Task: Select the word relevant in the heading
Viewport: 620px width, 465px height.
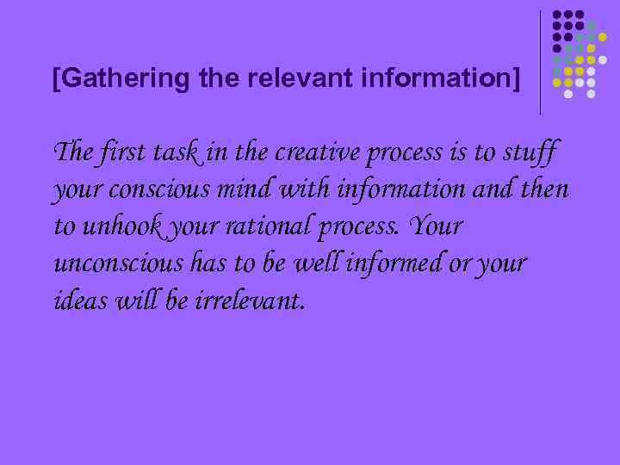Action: pyautogui.click(x=289, y=79)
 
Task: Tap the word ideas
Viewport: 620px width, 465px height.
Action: pyautogui.click(x=75, y=301)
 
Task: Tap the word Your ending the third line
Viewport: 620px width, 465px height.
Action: pyautogui.click(x=437, y=227)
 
